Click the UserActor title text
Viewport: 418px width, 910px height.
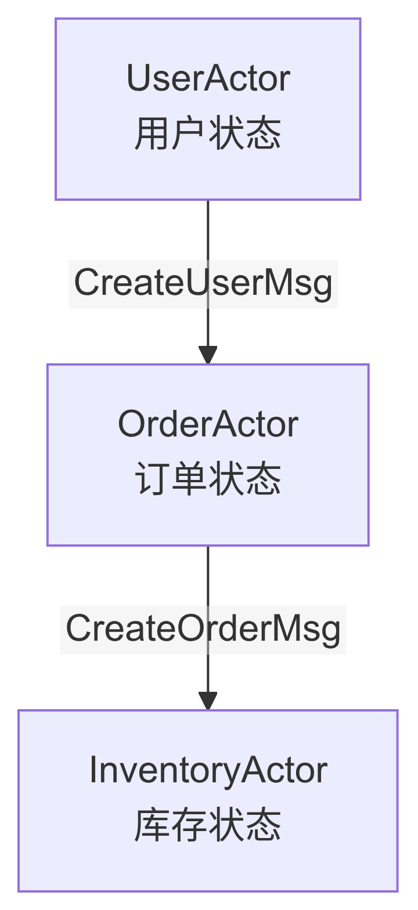pos(208,78)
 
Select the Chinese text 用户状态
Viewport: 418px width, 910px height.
pos(208,134)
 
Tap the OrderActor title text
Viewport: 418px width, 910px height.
pos(208,424)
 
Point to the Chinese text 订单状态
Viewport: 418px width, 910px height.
pos(208,480)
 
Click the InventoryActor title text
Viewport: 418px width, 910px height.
pos(208,770)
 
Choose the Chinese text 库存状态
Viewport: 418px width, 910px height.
pos(208,826)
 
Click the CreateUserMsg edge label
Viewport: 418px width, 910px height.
pos(203,283)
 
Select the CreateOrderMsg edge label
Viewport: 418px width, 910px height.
pos(203,629)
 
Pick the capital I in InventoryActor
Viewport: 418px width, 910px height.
pos(93,770)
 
